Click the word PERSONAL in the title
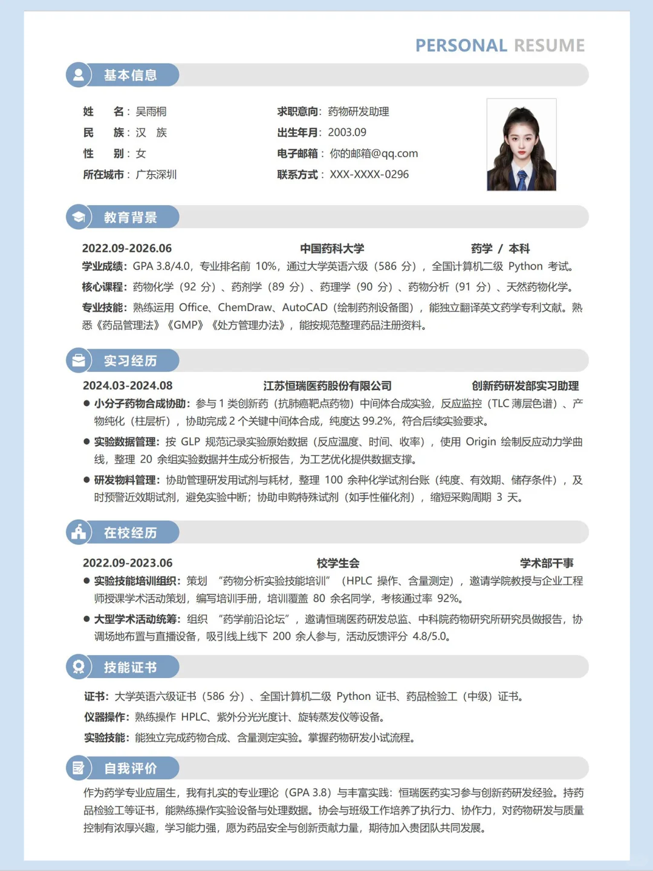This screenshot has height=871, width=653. point(461,46)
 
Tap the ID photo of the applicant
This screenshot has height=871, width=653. point(521,145)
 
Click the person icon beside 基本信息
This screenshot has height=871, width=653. point(79,75)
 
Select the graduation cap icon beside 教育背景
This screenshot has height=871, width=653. point(79,217)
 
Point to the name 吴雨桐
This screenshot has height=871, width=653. point(151,112)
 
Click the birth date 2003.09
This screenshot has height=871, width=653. point(347,132)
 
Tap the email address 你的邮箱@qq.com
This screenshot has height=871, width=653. point(374,154)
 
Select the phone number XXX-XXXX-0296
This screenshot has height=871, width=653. point(369,175)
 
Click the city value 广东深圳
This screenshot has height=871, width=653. point(156,175)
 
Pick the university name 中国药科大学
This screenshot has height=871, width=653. point(332,249)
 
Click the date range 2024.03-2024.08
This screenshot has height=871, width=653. point(128,386)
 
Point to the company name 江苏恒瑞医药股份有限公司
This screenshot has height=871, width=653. point(327,386)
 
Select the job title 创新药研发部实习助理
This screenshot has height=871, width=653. point(525,386)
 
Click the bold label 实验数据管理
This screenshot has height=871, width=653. point(126,442)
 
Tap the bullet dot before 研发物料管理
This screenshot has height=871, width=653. point(86,480)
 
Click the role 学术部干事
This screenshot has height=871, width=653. point(547,563)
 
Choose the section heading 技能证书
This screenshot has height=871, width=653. point(130,667)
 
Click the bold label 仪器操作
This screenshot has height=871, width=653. point(106,717)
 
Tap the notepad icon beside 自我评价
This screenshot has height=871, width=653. point(79,768)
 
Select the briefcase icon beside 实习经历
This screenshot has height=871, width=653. point(79,360)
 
